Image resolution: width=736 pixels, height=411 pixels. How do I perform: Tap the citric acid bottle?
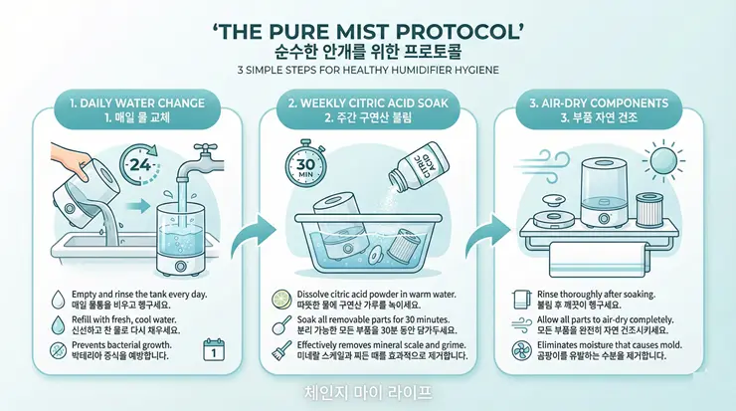tap(418, 168)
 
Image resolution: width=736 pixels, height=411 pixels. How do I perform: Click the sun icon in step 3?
tap(663, 160)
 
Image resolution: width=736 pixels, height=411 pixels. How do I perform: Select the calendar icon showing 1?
tap(214, 350)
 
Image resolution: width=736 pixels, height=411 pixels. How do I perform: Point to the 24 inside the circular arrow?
tap(140, 164)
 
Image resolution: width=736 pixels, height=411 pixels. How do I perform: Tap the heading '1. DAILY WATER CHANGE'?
tap(137, 103)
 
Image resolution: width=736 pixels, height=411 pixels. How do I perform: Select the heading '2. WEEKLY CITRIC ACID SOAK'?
tap(368, 103)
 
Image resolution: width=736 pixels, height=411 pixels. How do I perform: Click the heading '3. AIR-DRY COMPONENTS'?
tap(599, 103)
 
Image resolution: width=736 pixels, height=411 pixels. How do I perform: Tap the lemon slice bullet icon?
tap(282, 300)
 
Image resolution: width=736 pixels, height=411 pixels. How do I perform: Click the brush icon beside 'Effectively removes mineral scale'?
tap(281, 350)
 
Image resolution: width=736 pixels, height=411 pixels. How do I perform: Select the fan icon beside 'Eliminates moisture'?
tap(521, 350)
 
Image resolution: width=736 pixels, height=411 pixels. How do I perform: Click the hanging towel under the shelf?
tap(595, 259)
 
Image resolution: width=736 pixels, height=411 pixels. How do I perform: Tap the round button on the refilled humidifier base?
tap(180, 267)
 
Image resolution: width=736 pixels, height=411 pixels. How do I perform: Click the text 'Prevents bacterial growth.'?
tap(121, 345)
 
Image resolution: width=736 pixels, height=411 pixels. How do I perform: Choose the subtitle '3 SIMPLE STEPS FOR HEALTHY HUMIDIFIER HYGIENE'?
tap(368, 71)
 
